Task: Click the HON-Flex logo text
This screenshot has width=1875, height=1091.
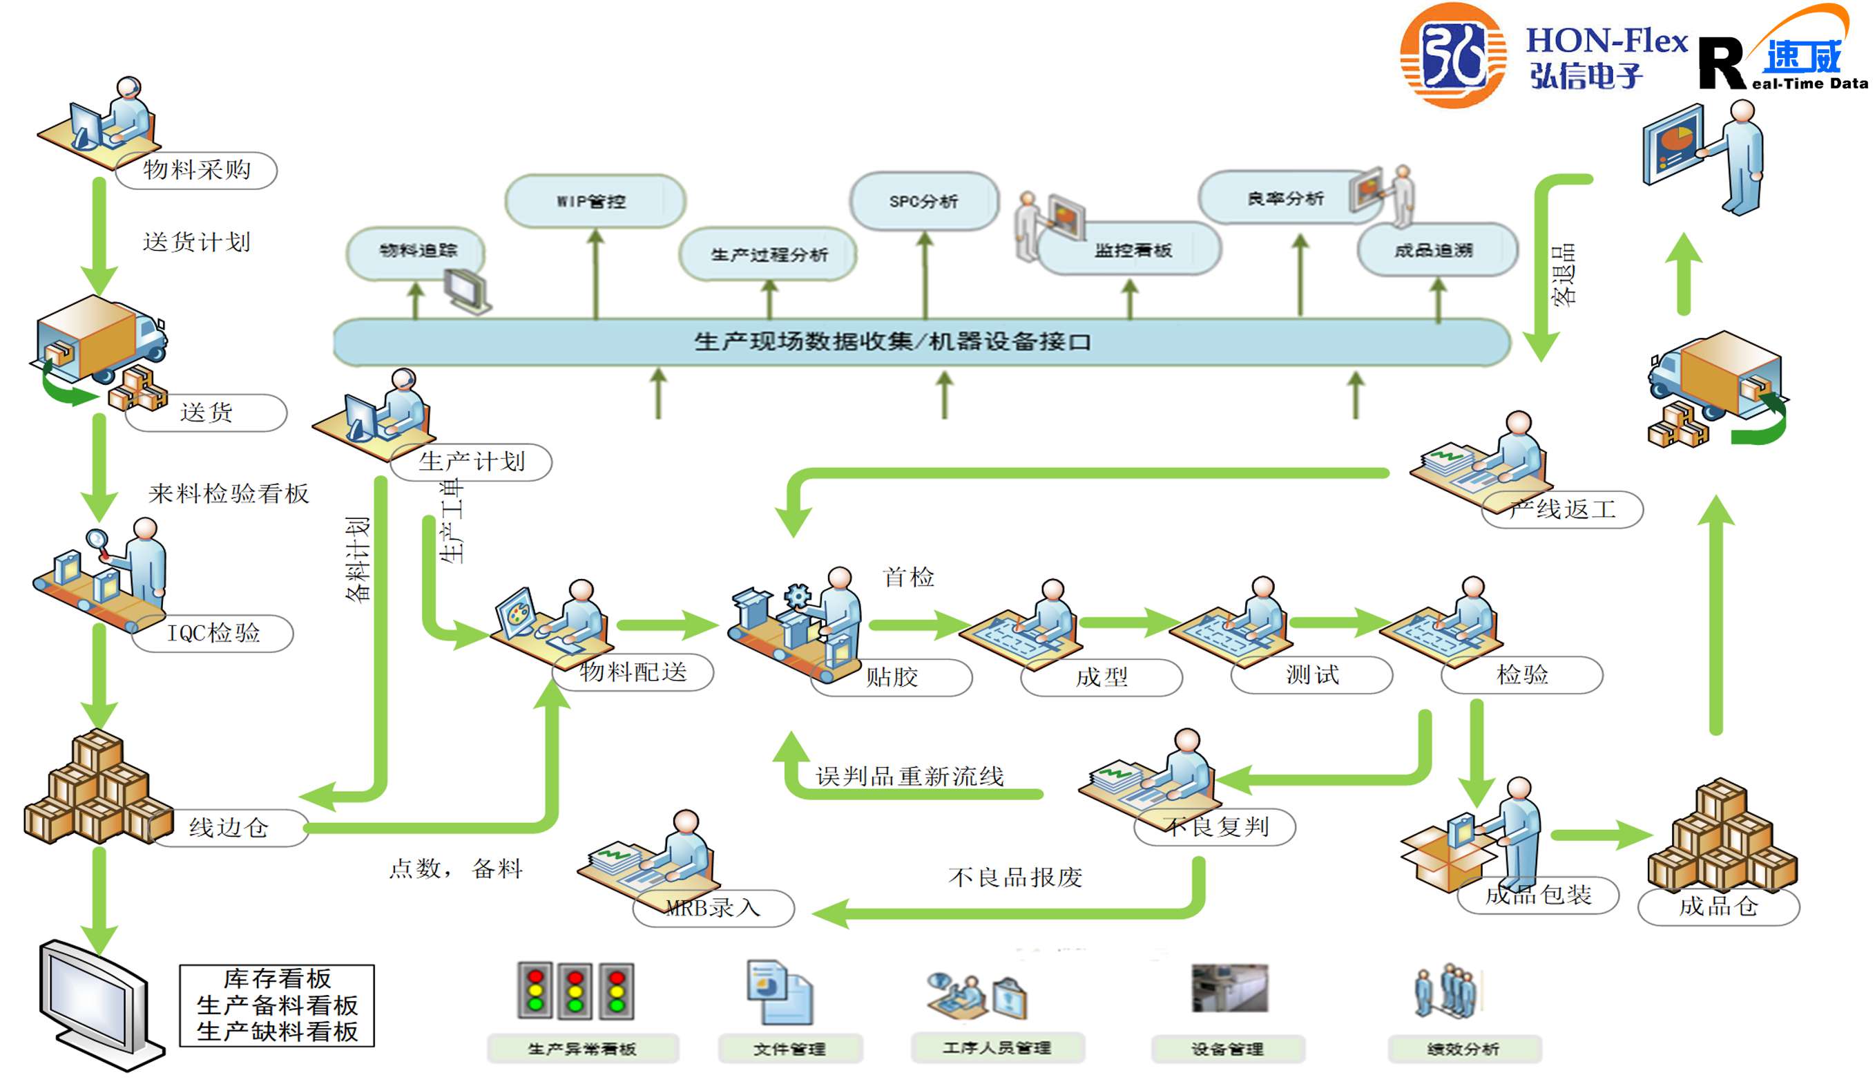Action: [x=1606, y=41]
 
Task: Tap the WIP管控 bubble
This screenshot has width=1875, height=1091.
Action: [x=594, y=201]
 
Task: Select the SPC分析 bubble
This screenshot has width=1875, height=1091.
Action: [x=923, y=201]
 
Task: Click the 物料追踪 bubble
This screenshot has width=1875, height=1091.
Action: [x=417, y=251]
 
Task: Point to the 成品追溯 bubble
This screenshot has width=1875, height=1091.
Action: [x=1434, y=251]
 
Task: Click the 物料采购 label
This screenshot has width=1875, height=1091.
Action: [x=198, y=171]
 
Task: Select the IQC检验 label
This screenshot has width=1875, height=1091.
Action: [x=213, y=634]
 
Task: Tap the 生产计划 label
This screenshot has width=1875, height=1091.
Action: [x=472, y=462]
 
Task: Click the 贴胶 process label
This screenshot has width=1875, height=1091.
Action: [x=892, y=677]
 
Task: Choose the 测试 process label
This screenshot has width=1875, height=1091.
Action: [x=1312, y=675]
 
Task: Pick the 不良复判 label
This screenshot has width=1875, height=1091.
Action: [x=1218, y=827]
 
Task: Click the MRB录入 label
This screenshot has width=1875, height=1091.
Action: [x=713, y=908]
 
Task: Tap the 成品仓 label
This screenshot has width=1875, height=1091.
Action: [x=1719, y=907]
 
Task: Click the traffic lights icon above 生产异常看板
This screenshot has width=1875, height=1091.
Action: [x=575, y=991]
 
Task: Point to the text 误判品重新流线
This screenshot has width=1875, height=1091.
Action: [x=910, y=777]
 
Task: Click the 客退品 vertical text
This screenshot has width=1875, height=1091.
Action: [x=1564, y=276]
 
